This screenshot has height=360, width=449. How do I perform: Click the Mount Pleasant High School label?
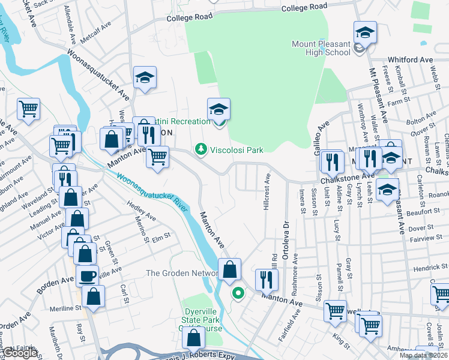click(x=321, y=48)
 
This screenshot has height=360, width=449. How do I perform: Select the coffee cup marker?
click(x=87, y=275)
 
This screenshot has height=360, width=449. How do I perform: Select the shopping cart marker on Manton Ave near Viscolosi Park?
click(x=157, y=157)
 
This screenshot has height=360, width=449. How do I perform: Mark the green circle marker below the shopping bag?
click(x=238, y=293)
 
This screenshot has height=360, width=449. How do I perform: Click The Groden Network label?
click(x=182, y=274)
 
